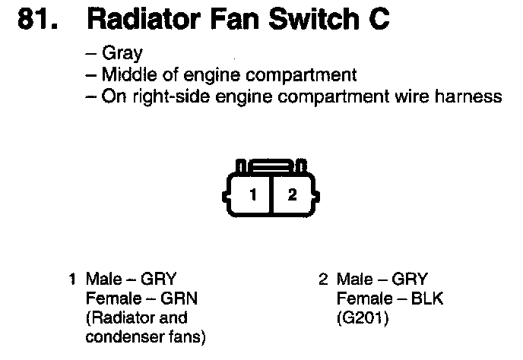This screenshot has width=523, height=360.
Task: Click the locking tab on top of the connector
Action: coord(271,164)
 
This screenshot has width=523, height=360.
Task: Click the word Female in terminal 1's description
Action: coord(113,298)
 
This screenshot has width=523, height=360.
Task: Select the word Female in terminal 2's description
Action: coord(361,298)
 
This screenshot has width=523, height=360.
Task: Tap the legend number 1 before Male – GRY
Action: coord(73,279)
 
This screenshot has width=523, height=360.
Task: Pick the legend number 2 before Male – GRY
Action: coord(322,279)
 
